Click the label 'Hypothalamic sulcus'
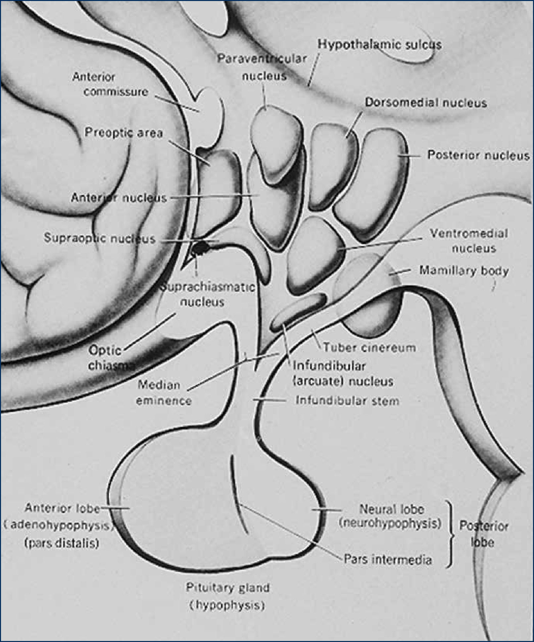click(379, 45)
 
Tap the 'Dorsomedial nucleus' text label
click(426, 103)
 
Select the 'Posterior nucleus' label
click(478, 155)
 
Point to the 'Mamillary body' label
click(463, 271)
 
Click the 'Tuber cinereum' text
click(369, 347)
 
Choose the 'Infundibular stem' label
click(347, 401)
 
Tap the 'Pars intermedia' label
click(388, 559)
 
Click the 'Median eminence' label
click(164, 393)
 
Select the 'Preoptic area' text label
click(124, 133)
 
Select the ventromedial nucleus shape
click(315, 255)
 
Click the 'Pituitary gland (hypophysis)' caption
click(227, 597)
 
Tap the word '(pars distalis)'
click(62, 543)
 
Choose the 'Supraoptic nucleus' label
click(99, 238)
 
